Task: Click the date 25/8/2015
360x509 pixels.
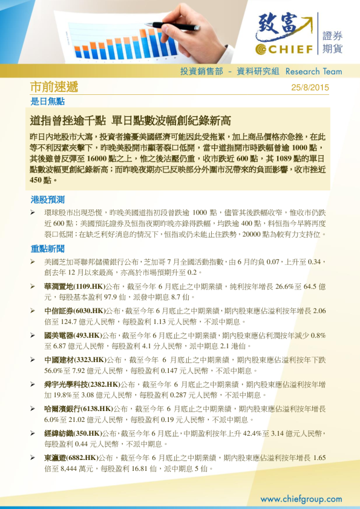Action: coord(310,87)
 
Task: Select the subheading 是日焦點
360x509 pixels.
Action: coord(47,101)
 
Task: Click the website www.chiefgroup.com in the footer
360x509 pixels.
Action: coord(301,499)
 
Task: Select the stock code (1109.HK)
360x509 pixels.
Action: coord(89,287)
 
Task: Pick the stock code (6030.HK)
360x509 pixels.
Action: coord(89,311)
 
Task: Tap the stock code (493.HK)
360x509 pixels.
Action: coord(87,336)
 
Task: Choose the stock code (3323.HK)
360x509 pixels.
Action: coord(89,360)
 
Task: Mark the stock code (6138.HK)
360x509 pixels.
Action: coord(96,409)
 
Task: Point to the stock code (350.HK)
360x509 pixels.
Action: coord(87,433)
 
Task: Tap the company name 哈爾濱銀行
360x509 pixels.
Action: coord(62,409)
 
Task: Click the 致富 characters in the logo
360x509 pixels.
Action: coord(283,27)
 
